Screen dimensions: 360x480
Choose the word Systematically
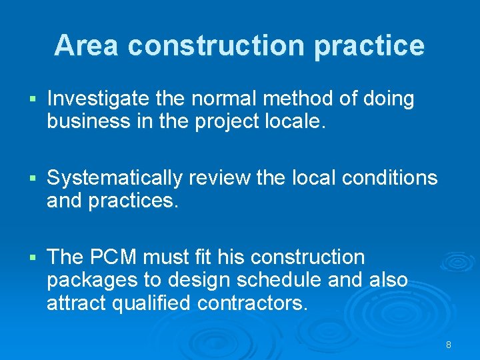click(x=115, y=179)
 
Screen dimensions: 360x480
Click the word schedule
click(x=291, y=280)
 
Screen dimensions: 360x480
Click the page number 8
click(x=449, y=345)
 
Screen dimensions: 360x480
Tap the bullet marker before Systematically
click(x=32, y=179)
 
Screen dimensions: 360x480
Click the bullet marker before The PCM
click(x=32, y=258)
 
